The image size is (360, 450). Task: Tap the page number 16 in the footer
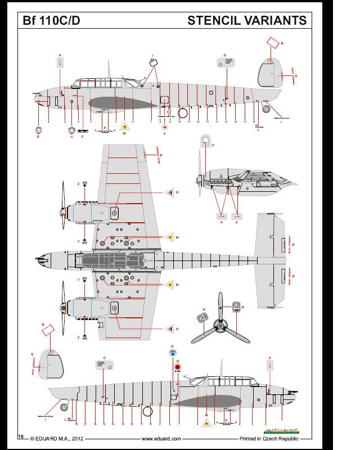pos(20,436)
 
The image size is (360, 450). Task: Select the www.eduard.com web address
pos(161,438)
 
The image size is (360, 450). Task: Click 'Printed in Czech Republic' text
pos(269,438)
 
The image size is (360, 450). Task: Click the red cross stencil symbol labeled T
pos(164,128)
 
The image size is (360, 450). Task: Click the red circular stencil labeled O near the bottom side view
pos(178,368)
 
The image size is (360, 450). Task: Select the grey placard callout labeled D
pos(228,64)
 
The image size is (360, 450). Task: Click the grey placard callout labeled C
pos(104,364)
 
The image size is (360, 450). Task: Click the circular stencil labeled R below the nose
pos(38,130)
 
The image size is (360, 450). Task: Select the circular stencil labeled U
pos(71,130)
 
